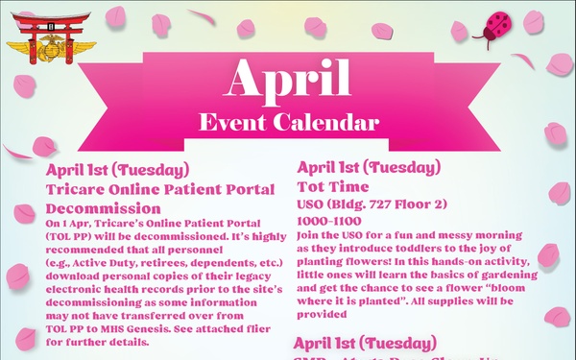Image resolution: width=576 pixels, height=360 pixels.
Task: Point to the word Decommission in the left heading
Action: (103, 207)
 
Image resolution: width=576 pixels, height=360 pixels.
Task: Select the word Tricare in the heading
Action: (79, 189)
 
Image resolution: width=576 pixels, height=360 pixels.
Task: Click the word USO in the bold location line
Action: (314, 204)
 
